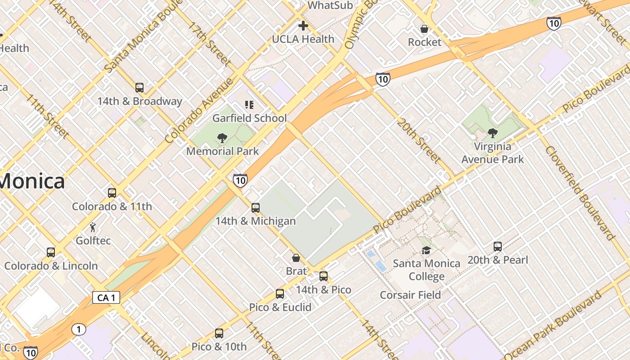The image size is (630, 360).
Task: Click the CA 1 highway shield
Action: coord(106,297)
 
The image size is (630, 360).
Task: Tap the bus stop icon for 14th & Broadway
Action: coord(139,88)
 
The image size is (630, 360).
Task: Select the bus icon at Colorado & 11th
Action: coord(112,193)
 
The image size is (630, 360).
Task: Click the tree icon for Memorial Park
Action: coord(222,138)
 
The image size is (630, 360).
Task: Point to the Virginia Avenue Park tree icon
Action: coord(493,133)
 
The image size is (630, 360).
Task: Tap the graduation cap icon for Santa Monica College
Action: coord(426,250)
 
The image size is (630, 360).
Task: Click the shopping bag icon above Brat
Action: coord(296,258)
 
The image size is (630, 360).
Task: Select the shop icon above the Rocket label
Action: coord(424,29)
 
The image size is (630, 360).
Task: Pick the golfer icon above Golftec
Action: coord(93,227)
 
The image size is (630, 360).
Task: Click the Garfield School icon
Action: coord(249,105)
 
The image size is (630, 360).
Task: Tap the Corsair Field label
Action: coord(410,295)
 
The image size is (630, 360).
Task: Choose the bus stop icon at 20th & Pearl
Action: coord(498,247)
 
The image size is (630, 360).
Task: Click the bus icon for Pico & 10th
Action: coord(219,333)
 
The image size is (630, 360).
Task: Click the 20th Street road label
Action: coord(418,141)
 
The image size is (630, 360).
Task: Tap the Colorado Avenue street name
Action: coord(199,111)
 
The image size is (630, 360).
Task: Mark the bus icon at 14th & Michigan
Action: coord(256,208)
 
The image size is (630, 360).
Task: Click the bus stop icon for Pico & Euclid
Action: coord(280,294)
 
